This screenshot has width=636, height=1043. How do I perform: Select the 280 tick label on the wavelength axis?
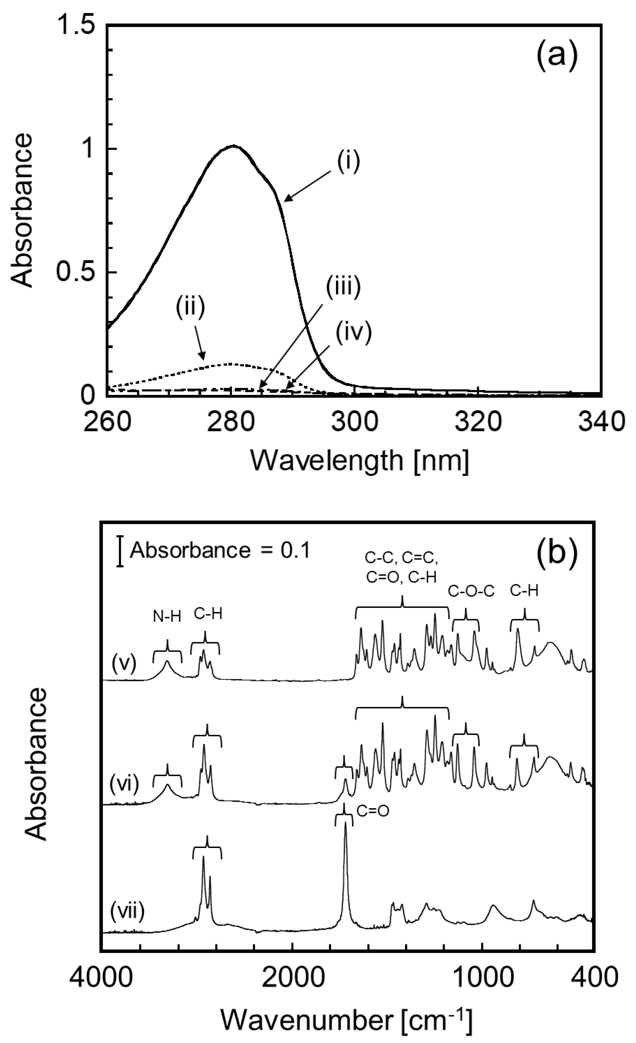(231, 423)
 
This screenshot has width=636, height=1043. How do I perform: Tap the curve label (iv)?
(354, 333)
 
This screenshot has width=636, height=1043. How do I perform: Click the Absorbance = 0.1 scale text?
(220, 551)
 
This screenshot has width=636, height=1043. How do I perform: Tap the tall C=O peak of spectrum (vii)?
(345, 824)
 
